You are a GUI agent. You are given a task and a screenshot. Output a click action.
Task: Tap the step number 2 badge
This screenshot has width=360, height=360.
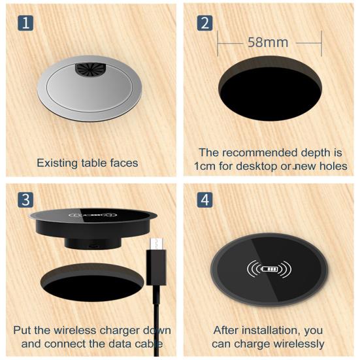(205, 25)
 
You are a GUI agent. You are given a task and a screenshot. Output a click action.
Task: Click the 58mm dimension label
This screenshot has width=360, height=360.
(268, 43)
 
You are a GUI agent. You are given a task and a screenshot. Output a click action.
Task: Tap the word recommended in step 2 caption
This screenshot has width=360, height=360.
(252, 153)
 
